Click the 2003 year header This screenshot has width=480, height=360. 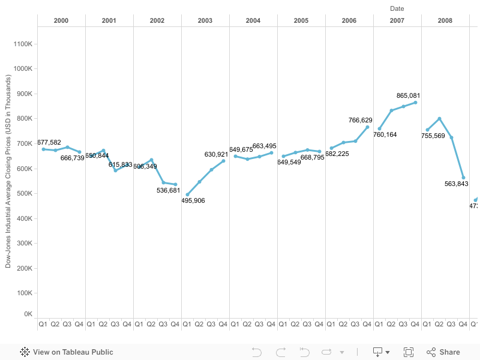click(205, 20)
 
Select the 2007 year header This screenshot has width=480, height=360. click(397, 20)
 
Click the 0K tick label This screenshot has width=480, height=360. click(28, 314)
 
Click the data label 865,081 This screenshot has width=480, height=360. click(408, 95)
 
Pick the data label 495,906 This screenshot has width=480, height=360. click(193, 200)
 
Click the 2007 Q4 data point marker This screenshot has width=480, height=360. click(415, 103)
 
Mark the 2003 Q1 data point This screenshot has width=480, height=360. click(187, 194)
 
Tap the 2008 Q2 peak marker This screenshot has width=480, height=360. click(439, 119)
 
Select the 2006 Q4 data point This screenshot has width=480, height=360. click(367, 127)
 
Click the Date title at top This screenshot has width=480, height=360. click(397, 8)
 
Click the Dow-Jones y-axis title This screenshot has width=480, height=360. click(8, 172)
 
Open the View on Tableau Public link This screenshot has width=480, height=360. click(67, 352)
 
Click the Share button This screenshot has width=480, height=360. click(443, 352)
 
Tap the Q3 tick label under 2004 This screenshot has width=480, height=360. click(259, 325)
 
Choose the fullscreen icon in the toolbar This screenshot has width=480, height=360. click(409, 352)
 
